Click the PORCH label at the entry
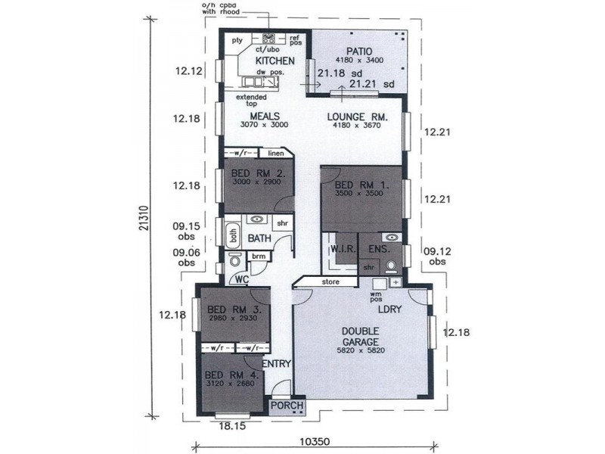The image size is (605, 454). [287, 407]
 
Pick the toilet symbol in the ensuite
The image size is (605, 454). [391, 266]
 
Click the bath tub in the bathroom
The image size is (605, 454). [233, 235]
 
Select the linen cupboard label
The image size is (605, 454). [276, 153]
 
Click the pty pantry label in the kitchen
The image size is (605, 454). [236, 41]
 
